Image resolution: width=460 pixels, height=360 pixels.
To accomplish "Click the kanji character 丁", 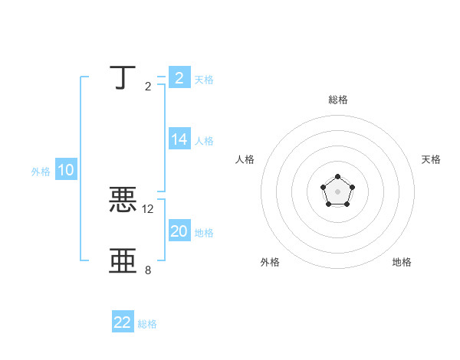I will click(x=123, y=78).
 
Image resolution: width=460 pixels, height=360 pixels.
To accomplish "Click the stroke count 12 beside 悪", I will click(x=148, y=208).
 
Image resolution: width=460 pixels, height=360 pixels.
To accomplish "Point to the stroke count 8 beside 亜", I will click(x=148, y=270).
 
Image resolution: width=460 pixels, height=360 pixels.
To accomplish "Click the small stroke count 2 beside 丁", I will click(x=148, y=86).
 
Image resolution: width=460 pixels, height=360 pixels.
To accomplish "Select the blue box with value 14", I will click(x=179, y=139).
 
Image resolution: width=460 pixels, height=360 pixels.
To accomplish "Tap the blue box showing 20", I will click(x=179, y=231).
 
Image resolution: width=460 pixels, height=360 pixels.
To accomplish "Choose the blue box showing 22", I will click(x=123, y=322).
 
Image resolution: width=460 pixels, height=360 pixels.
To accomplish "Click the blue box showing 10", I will click(x=66, y=171).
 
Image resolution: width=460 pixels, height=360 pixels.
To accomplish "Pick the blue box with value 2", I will click(x=179, y=78).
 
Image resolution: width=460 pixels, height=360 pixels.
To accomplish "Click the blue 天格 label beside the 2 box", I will click(x=204, y=79).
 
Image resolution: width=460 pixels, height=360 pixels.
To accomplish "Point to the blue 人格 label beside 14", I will click(x=204, y=141).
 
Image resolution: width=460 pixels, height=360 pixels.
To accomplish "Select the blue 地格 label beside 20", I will click(x=204, y=233).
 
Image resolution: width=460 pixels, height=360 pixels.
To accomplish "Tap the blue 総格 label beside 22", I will click(x=147, y=324).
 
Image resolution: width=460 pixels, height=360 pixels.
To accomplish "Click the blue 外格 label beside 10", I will click(x=41, y=172).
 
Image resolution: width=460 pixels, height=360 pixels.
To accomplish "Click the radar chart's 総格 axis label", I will click(x=337, y=100).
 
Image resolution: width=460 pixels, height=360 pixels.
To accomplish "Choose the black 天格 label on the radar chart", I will click(x=431, y=159).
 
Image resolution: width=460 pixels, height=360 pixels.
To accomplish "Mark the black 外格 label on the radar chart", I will click(x=270, y=262).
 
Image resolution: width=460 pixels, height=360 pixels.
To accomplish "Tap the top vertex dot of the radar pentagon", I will click(x=337, y=178).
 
